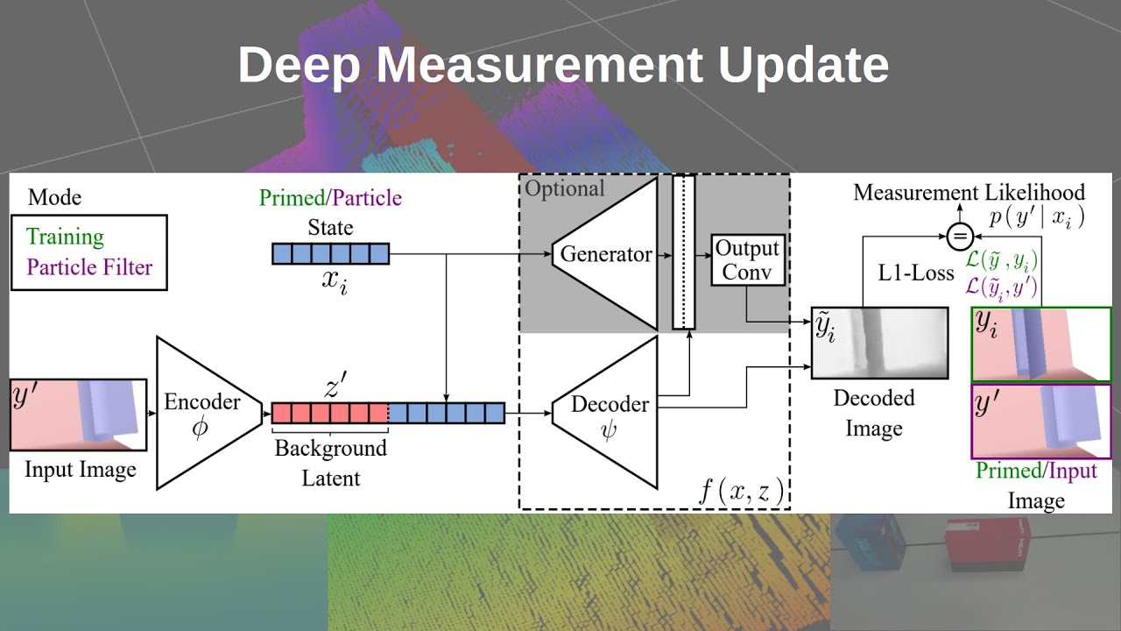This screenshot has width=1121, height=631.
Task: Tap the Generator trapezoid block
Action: click(x=605, y=254)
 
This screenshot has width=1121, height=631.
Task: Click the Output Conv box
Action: click(x=746, y=259)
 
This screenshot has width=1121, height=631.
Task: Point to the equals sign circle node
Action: click(x=961, y=235)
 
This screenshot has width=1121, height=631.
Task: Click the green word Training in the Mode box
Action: click(x=65, y=237)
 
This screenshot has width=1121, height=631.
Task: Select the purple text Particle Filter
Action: click(x=89, y=266)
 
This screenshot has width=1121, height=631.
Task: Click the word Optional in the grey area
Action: click(x=565, y=188)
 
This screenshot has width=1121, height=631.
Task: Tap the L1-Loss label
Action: click(x=916, y=273)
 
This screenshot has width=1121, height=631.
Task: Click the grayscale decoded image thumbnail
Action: click(x=879, y=343)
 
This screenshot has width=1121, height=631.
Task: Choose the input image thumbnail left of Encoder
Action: click(x=78, y=415)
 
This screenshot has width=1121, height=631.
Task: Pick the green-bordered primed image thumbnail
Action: click(x=1040, y=344)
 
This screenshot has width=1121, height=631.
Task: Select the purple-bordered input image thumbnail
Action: click(x=1040, y=422)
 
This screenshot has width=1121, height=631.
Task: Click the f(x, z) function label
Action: click(x=741, y=490)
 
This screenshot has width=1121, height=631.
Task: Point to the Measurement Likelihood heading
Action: click(x=969, y=193)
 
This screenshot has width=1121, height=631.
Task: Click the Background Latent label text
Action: click(x=330, y=463)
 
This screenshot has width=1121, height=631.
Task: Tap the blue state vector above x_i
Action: click(x=329, y=254)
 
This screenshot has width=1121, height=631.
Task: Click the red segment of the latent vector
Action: click(x=329, y=413)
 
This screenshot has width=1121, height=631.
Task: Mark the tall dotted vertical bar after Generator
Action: click(x=683, y=252)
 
